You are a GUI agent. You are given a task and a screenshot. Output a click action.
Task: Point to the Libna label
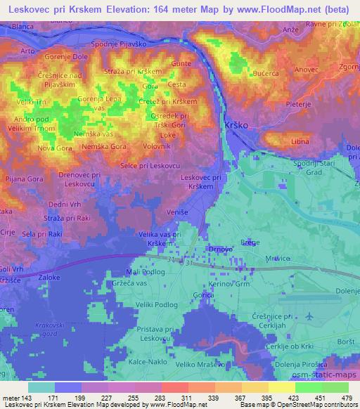click(x=300, y=142)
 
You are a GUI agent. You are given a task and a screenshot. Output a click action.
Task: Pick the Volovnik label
click(x=156, y=145)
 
